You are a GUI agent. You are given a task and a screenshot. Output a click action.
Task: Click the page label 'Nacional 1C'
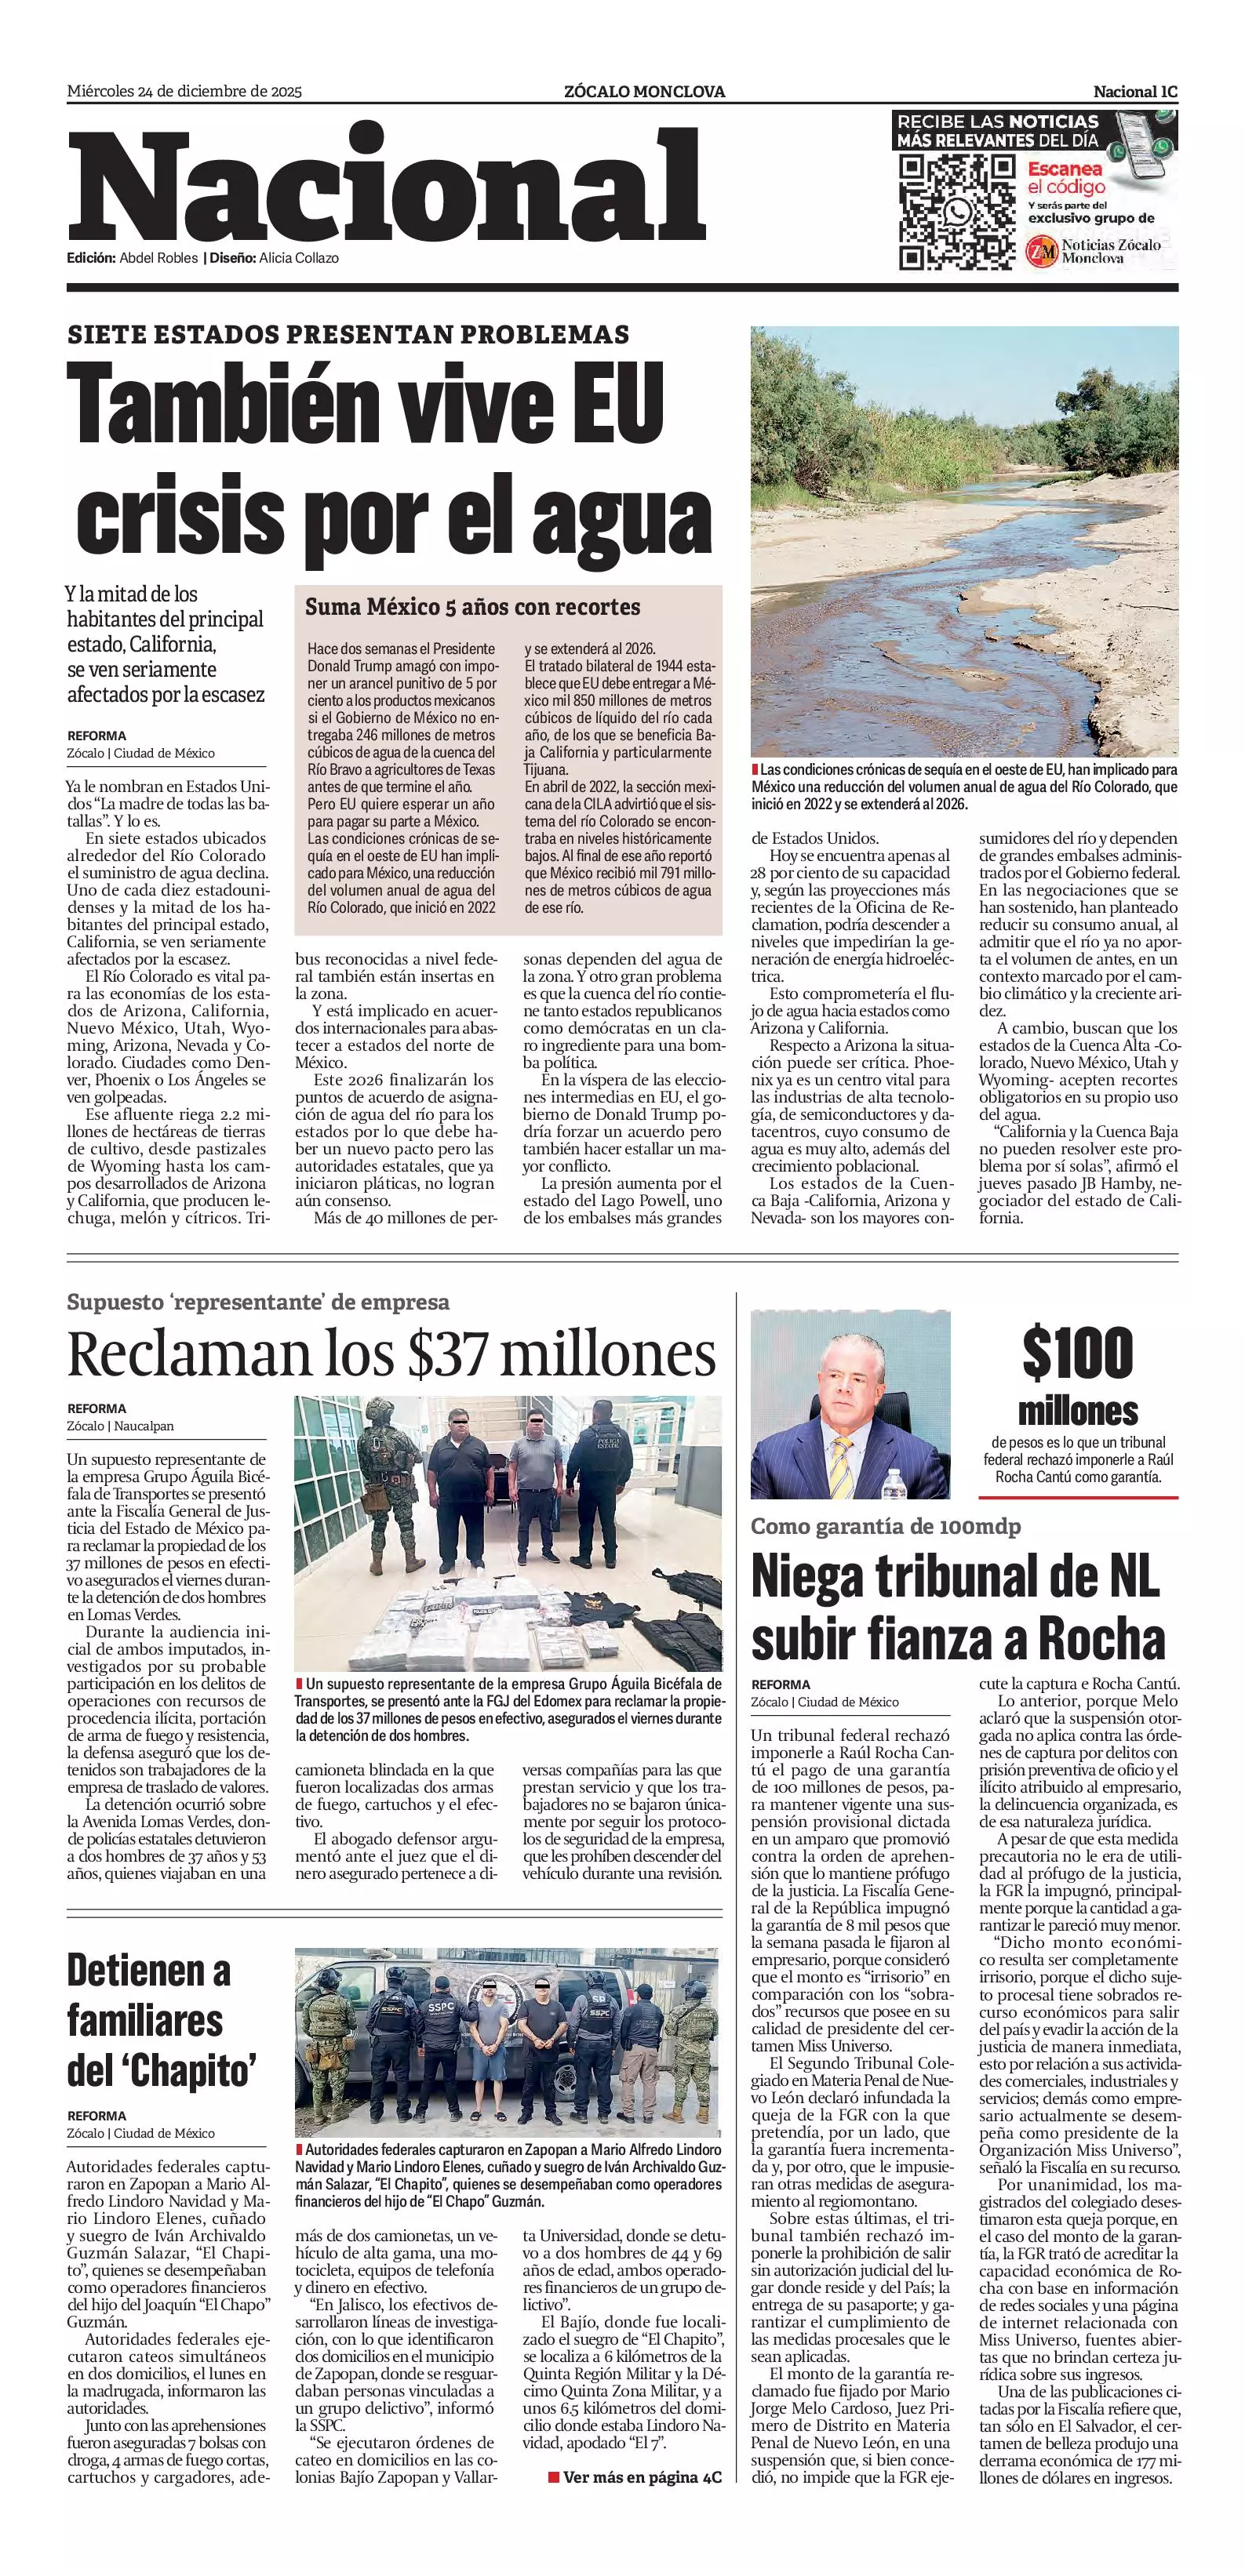click(x=1135, y=92)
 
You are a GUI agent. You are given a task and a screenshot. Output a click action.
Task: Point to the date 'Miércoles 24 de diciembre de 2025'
click(x=184, y=92)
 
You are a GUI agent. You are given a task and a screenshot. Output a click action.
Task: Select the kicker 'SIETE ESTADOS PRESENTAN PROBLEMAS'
click(x=348, y=334)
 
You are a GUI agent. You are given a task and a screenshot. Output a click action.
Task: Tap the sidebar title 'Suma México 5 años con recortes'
click(x=473, y=606)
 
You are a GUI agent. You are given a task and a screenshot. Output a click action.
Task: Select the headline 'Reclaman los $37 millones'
click(x=391, y=1354)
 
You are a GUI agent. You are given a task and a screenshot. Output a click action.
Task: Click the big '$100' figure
click(x=1077, y=1354)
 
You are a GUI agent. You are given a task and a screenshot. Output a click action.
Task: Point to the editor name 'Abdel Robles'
click(x=158, y=258)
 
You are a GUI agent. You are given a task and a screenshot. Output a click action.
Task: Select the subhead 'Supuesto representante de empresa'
click(x=258, y=1302)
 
